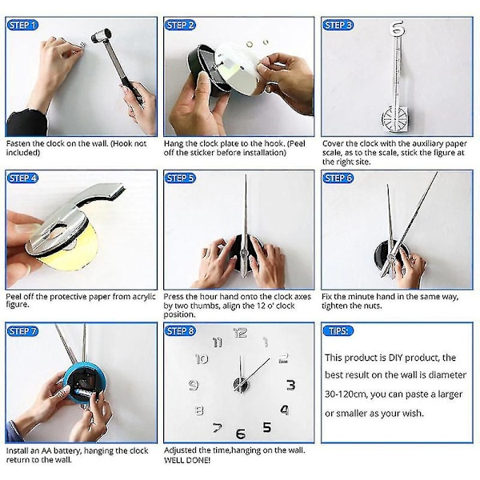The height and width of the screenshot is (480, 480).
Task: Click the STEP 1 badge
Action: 22,25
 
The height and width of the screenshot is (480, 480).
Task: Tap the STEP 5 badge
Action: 180,178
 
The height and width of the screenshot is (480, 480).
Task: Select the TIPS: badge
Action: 338,331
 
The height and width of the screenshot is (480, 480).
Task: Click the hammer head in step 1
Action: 101,35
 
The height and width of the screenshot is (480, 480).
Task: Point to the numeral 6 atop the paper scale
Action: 397,27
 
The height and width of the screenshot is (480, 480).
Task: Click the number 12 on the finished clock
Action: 240,333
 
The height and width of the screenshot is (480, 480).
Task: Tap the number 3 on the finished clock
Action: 290,385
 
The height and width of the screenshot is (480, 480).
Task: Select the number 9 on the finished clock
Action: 193,385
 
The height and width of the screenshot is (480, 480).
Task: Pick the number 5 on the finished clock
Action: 267,427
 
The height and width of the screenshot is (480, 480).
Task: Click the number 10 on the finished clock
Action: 202,358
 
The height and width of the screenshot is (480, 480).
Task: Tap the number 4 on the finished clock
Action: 285,410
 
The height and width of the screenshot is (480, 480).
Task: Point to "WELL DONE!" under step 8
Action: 187,460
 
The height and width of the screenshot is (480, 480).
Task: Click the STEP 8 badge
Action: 180,331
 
